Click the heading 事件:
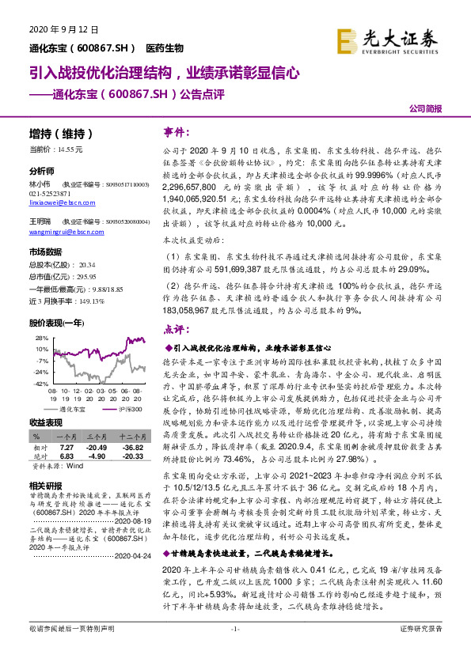click(x=178, y=131)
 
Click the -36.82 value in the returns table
click(x=131, y=447)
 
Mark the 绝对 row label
click(x=39, y=456)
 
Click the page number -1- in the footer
click(x=235, y=649)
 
